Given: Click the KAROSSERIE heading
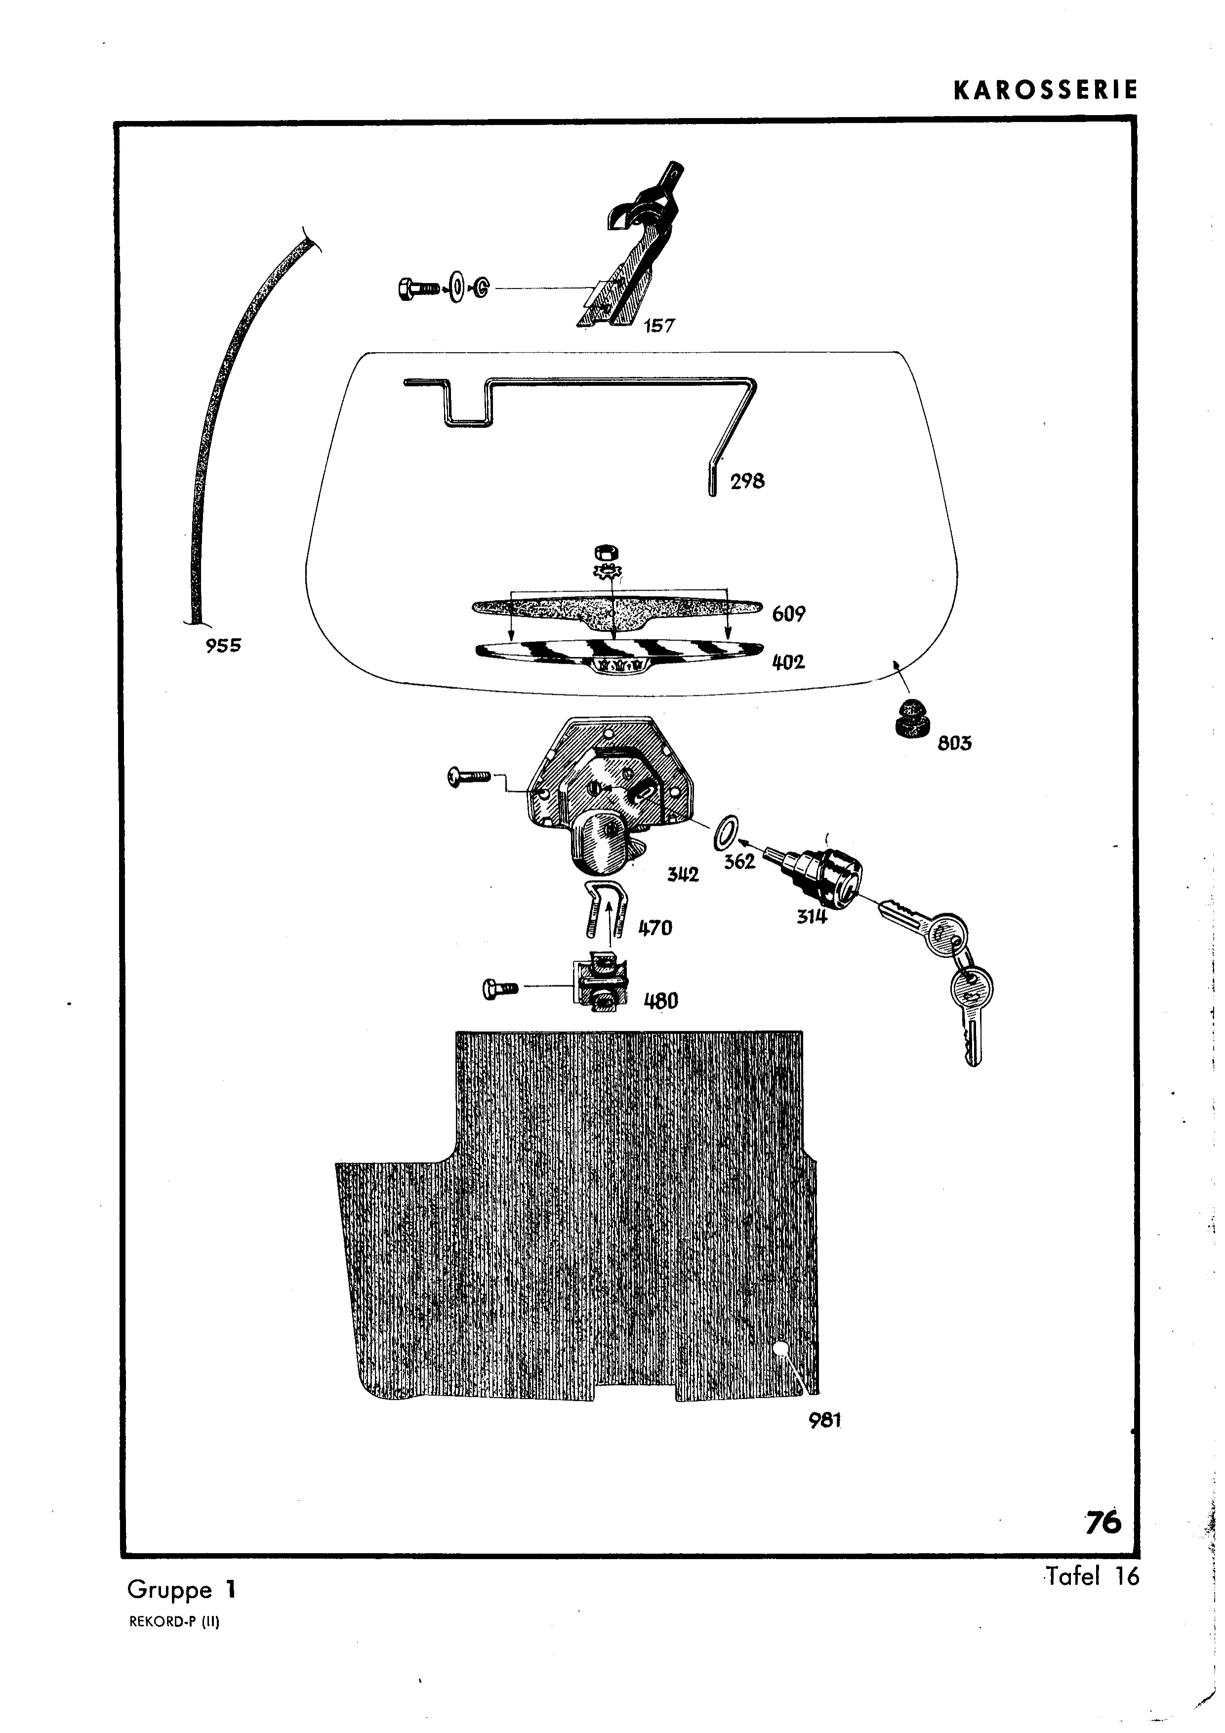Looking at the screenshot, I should pyautogui.click(x=1045, y=90).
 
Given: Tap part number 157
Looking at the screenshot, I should pyautogui.click(x=659, y=326).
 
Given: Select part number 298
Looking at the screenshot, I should pyautogui.click(x=747, y=481).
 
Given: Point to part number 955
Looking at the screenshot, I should pyautogui.click(x=223, y=645).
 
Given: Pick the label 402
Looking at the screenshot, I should pyautogui.click(x=788, y=662).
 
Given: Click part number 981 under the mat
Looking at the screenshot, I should pyautogui.click(x=824, y=1420).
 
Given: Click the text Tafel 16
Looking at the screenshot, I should pyautogui.click(x=1092, y=1576).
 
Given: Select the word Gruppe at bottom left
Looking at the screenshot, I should pyautogui.click(x=170, y=1590).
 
